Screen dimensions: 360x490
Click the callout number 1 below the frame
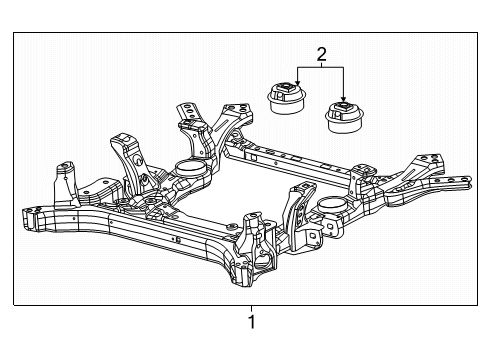tap(251, 323)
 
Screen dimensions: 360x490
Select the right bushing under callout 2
tap(343, 118)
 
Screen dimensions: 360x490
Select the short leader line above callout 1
tap(251, 309)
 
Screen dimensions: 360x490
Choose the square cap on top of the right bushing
tap(343, 106)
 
